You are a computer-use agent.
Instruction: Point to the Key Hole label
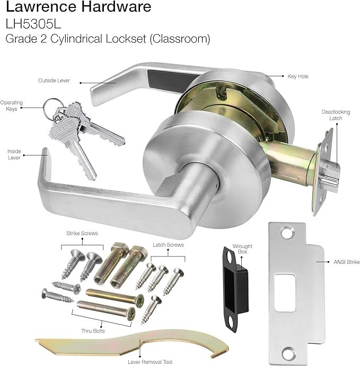coord(298,77)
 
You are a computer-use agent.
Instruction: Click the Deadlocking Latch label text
coord(332,115)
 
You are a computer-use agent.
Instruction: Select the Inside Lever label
coord(14,154)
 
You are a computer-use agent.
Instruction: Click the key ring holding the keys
coord(49,105)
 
